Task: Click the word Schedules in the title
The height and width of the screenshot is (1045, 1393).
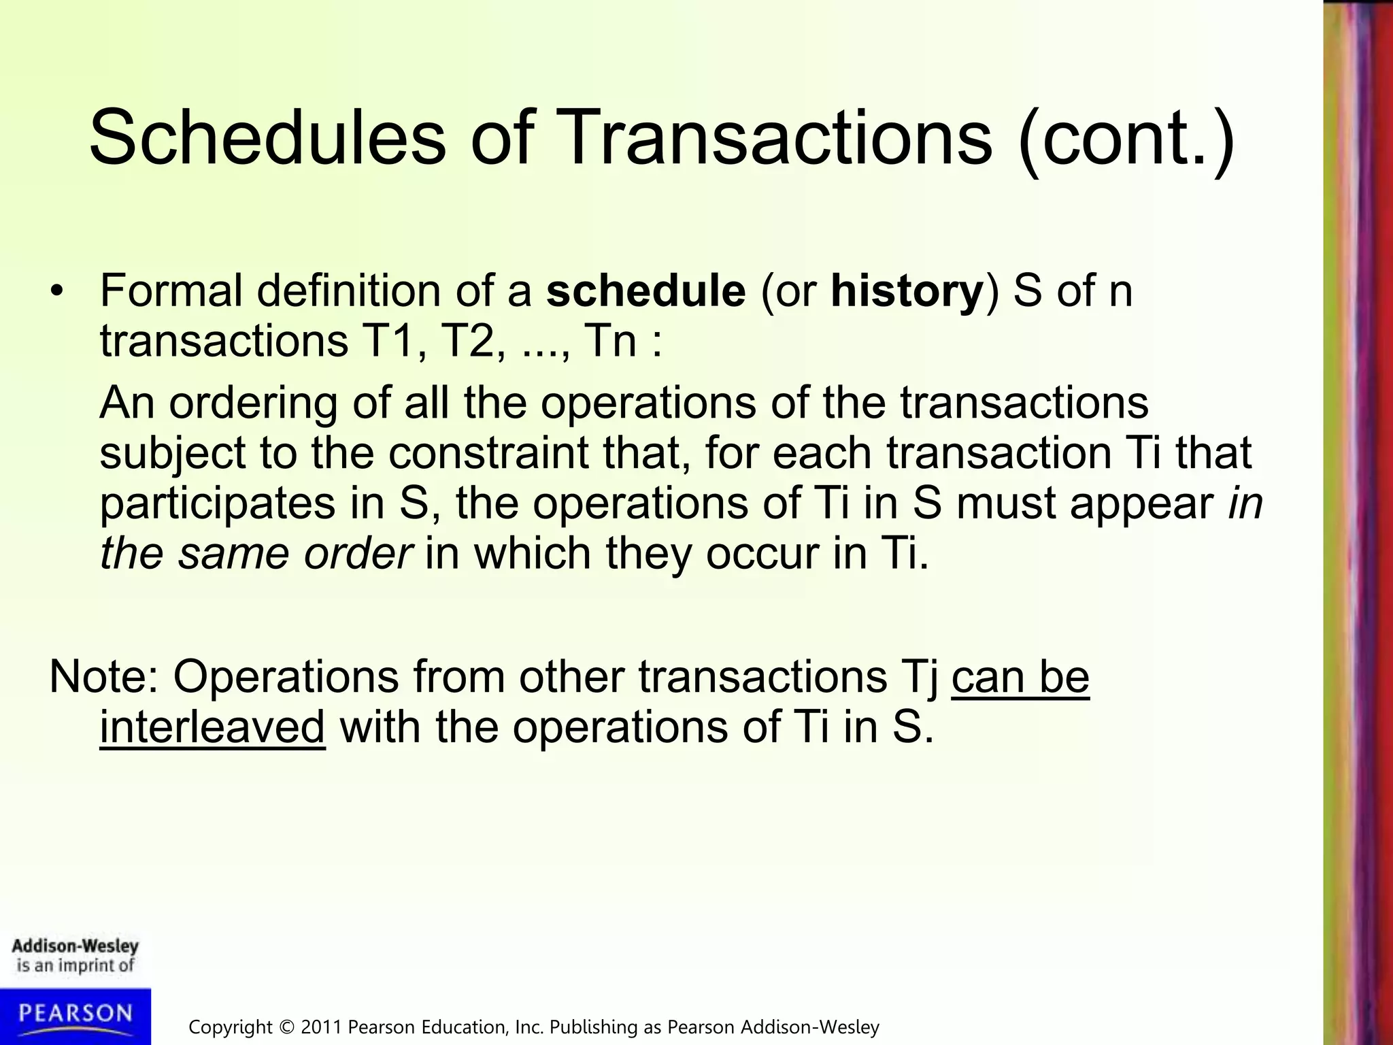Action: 267,138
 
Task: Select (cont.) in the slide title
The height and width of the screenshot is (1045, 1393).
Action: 1126,139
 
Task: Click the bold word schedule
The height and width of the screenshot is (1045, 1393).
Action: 645,291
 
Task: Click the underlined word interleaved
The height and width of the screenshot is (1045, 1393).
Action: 212,727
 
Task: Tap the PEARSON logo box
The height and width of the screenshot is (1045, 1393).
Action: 75,1015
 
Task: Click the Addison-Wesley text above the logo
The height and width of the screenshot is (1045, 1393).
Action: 75,946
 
